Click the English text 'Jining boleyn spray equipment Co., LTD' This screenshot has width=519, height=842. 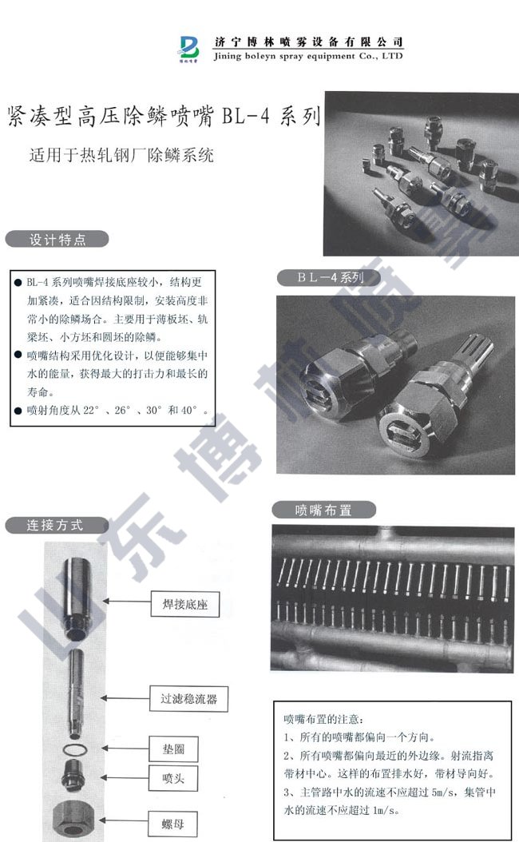click(308, 57)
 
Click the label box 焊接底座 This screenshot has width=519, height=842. click(179, 606)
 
